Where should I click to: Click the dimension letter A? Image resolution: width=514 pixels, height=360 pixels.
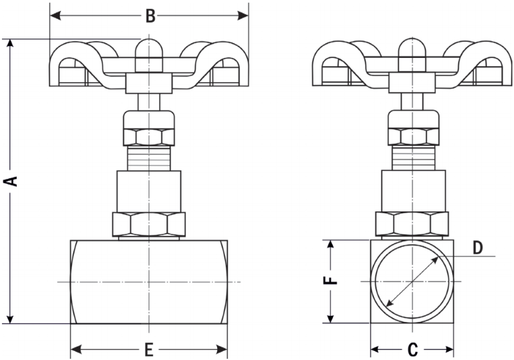point(11,181)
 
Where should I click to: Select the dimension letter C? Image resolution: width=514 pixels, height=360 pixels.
point(412,349)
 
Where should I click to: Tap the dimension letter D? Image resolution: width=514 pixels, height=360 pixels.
point(477,248)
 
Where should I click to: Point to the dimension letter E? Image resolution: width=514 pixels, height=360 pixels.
point(148,349)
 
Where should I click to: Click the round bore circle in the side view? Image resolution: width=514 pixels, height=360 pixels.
point(412,282)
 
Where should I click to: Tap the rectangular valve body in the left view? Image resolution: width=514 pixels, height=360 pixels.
point(149,282)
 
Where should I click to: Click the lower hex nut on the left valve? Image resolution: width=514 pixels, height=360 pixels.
point(149,224)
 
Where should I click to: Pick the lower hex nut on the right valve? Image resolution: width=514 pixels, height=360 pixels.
point(412,224)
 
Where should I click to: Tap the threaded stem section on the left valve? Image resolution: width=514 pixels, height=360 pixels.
point(149,158)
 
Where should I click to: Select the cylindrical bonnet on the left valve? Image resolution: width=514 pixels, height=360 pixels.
point(149,190)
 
